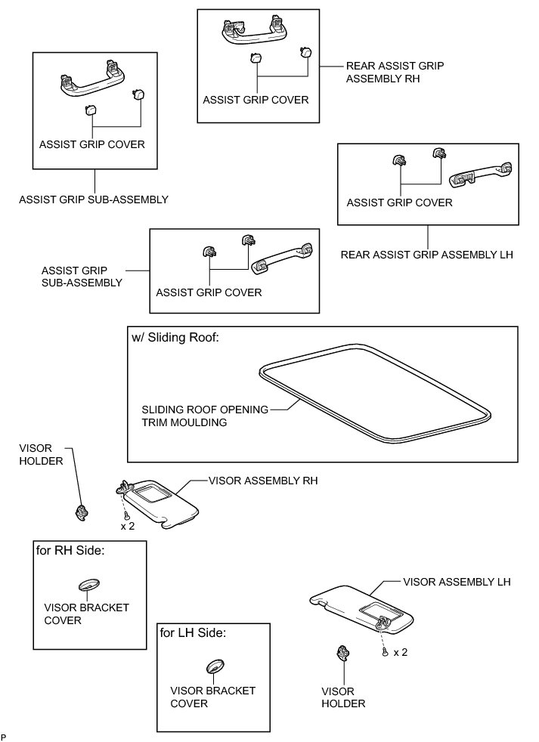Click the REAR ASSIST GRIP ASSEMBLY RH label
394,72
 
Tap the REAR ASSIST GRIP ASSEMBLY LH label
426,255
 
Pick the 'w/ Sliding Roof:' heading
175,338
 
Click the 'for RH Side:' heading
70,551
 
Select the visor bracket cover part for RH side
88,586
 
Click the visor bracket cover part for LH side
215,666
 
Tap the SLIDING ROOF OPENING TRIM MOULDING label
206,416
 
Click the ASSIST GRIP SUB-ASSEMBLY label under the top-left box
94,200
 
